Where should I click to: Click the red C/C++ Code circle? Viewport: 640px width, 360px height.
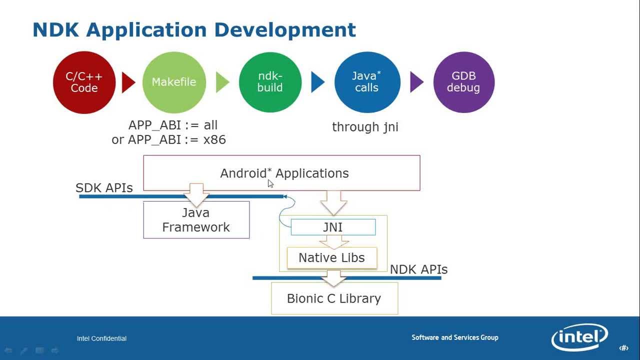click(x=84, y=82)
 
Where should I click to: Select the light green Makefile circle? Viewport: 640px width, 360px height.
click(x=174, y=82)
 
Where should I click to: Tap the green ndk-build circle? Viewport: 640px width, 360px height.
click(x=270, y=82)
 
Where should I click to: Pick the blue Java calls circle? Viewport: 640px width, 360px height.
click(x=367, y=82)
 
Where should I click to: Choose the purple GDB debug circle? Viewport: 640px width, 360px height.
click(x=463, y=82)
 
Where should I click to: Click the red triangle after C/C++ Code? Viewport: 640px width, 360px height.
click(x=128, y=82)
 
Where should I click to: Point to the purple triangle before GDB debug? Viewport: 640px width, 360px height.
click(x=416, y=82)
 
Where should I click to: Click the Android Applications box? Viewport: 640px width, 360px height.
click(x=281, y=173)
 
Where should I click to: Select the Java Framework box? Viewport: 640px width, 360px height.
click(x=196, y=220)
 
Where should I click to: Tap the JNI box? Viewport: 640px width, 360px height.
click(x=333, y=227)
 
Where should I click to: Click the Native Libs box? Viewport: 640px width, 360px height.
click(x=331, y=257)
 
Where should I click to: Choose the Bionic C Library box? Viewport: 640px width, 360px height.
click(x=334, y=298)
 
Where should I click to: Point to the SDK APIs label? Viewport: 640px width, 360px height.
click(x=104, y=188)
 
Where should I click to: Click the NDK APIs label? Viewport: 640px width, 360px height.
click(x=418, y=269)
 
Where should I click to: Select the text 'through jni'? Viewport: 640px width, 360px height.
click(x=365, y=127)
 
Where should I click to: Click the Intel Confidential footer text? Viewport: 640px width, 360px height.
click(x=101, y=338)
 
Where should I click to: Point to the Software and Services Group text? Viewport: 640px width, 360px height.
click(x=454, y=337)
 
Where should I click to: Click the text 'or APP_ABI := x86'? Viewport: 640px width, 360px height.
click(x=168, y=139)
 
